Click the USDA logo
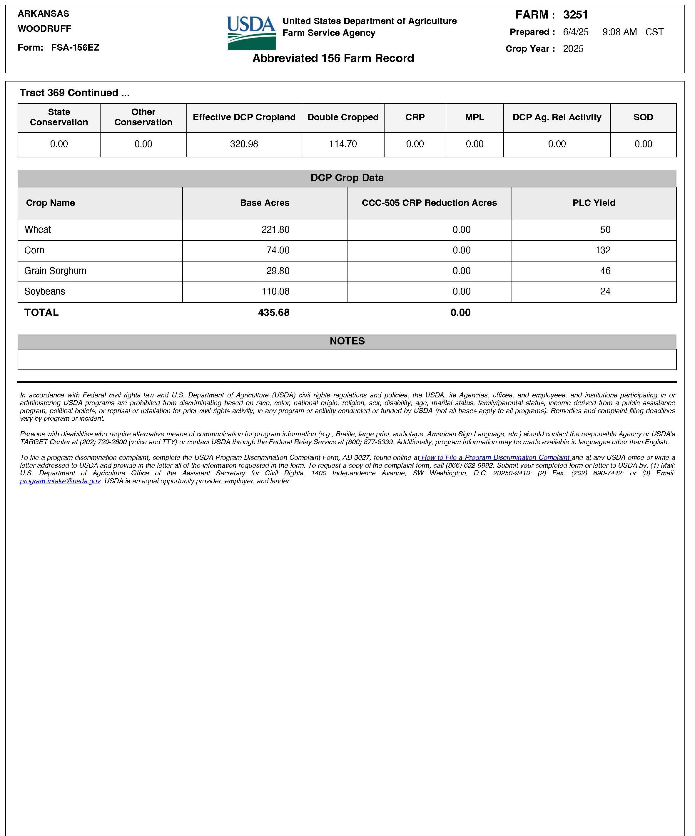pyautogui.click(x=251, y=33)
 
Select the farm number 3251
pyautogui.click(x=575, y=15)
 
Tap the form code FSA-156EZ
pyautogui.click(x=75, y=47)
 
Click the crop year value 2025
pyautogui.click(x=573, y=49)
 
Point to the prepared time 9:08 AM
pyautogui.click(x=619, y=32)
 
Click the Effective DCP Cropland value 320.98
pyautogui.click(x=244, y=144)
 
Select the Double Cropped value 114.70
pyautogui.click(x=343, y=144)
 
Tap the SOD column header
pyautogui.click(x=643, y=117)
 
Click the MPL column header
pyautogui.click(x=474, y=117)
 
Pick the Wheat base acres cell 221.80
pyautogui.click(x=275, y=230)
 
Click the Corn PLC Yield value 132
pyautogui.click(x=603, y=250)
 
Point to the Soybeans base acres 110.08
pyautogui.click(x=275, y=292)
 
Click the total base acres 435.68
pyautogui.click(x=274, y=312)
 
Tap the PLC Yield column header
pyautogui.click(x=594, y=203)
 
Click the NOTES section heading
pyautogui.click(x=347, y=341)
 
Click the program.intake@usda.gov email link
pyautogui.click(x=60, y=481)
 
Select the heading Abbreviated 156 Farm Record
pyautogui.click(x=333, y=58)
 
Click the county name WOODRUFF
pyautogui.click(x=45, y=29)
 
